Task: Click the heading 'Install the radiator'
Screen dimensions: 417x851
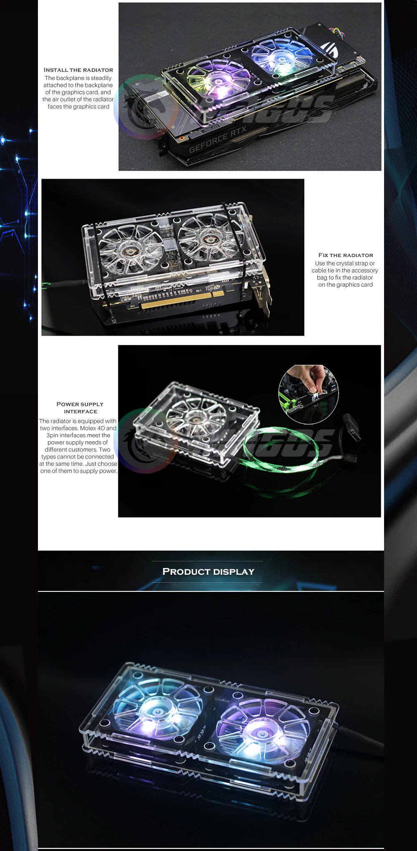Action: [x=78, y=70]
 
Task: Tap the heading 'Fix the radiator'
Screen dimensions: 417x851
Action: [x=346, y=255]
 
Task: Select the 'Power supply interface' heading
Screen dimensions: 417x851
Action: [x=80, y=407]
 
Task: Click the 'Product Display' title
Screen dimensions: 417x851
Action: [x=208, y=571]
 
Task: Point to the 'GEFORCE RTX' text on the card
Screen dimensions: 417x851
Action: [x=218, y=140]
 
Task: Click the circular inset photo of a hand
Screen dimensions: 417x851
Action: [x=309, y=394]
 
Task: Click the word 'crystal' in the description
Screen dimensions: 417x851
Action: [x=341, y=263]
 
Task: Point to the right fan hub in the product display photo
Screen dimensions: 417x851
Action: [x=263, y=734]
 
